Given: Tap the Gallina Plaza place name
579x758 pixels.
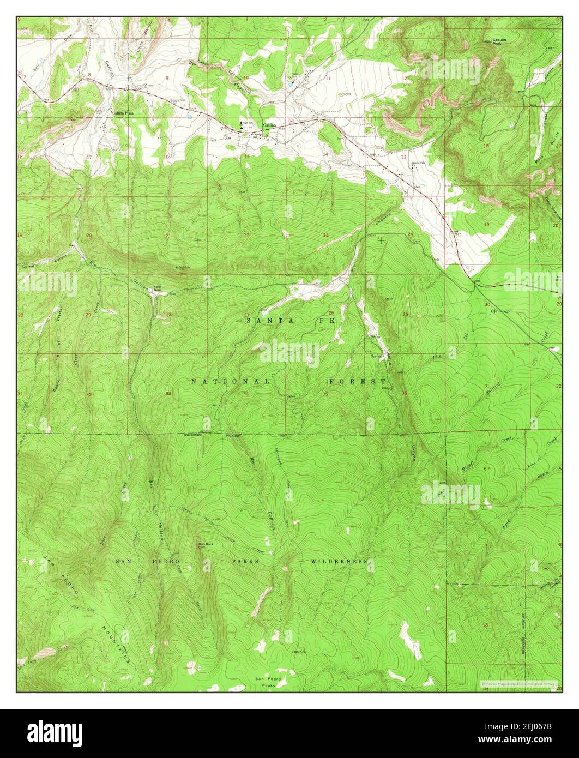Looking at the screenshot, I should click(123, 113).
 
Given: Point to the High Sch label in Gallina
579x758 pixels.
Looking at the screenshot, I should click(249, 123).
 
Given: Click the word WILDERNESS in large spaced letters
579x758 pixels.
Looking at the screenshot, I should click(339, 561).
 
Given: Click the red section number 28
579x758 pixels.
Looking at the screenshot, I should click(169, 315).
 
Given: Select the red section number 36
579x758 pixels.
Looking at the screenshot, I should click(404, 393).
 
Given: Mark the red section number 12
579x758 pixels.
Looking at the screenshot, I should click(405, 79).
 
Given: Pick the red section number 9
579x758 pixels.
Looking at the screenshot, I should click(167, 77).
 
